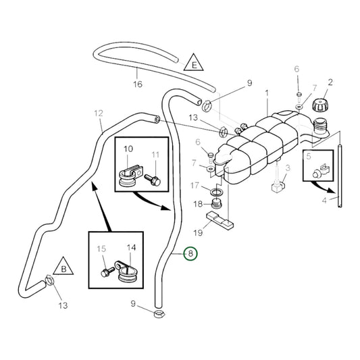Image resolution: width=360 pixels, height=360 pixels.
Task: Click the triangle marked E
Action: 194,63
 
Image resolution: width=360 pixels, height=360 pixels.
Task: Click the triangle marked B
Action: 63,267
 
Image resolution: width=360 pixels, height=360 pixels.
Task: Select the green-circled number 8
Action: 190,254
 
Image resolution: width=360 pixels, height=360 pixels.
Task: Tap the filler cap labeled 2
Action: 320,105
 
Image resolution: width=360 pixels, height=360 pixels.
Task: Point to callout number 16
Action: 138,84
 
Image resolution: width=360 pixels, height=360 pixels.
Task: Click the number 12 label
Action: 99,113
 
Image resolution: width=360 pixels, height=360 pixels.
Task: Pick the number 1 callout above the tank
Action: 267,93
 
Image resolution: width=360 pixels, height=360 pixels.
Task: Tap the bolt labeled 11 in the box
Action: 153,180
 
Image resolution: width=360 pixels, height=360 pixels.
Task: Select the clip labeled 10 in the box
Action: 130,176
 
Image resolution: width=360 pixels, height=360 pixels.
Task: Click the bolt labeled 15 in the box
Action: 107,272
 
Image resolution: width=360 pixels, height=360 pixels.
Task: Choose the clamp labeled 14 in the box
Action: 127,272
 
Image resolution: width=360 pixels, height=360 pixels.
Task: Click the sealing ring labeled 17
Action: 217,191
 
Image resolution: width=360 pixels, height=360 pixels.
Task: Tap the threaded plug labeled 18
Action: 216,203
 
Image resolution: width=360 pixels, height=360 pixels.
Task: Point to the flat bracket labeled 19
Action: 220,220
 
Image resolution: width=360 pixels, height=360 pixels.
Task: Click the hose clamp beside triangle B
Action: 49,281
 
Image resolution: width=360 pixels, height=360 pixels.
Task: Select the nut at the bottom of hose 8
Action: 159,313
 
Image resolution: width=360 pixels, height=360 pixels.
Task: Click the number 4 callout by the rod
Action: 324,201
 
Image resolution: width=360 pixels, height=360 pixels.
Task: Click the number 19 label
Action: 198,233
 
